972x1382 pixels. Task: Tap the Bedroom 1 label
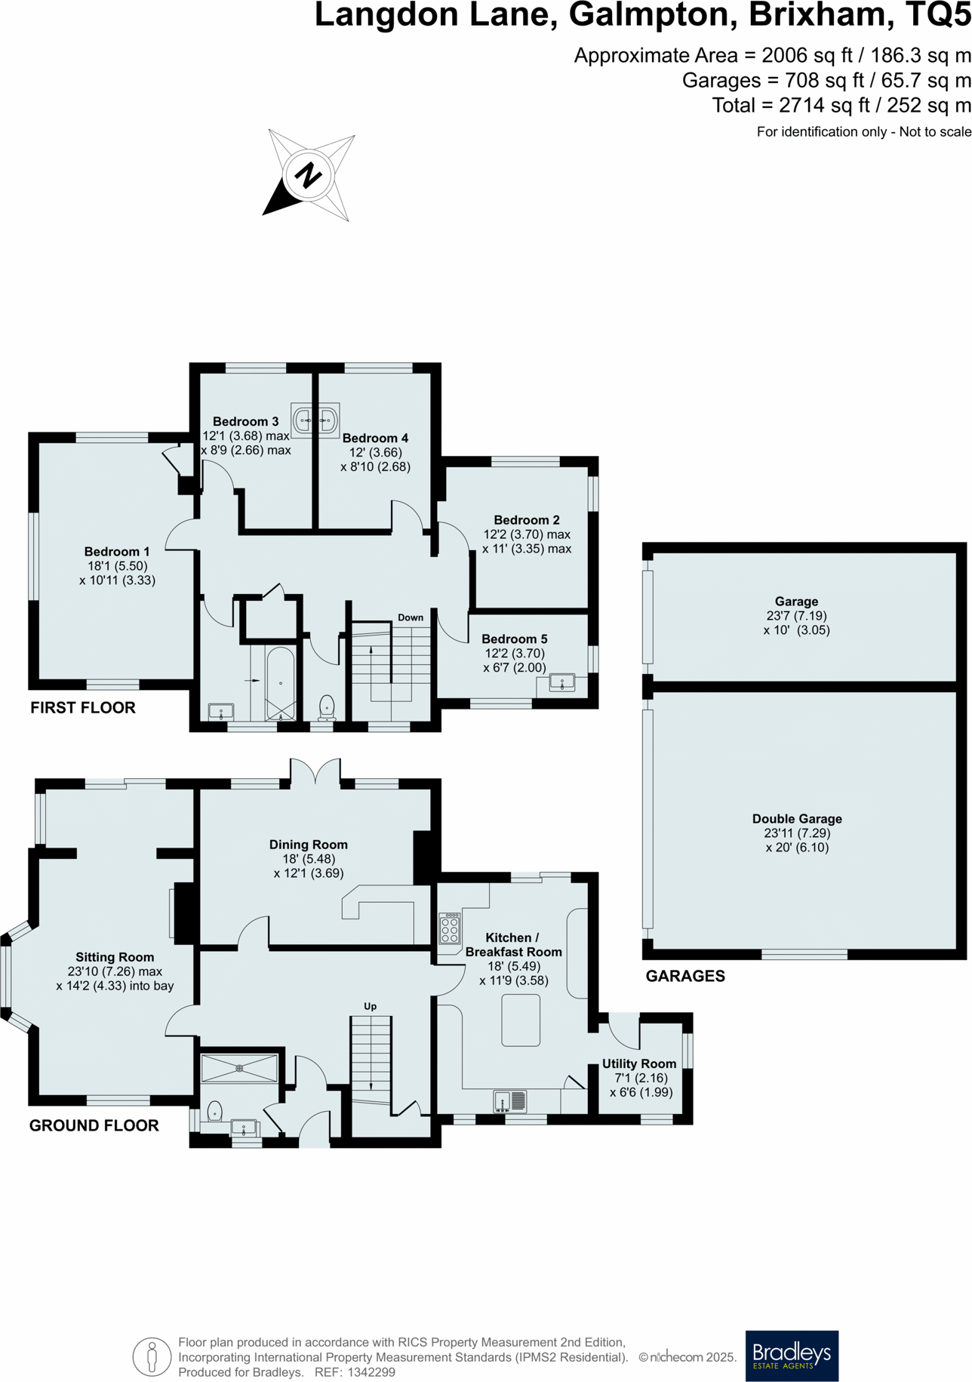tap(117, 552)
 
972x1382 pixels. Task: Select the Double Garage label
tap(797, 819)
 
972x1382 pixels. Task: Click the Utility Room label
tap(639, 1063)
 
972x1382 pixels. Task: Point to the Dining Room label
tap(309, 845)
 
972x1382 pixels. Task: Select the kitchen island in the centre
tap(521, 1020)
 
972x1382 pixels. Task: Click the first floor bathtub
tap(281, 683)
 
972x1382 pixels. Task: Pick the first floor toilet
tap(327, 706)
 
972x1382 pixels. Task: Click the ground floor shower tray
tap(239, 1069)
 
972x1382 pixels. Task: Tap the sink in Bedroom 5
tap(562, 683)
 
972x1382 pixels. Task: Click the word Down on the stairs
tap(411, 617)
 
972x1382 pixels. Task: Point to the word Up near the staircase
tap(370, 1006)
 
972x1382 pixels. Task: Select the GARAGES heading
tap(685, 976)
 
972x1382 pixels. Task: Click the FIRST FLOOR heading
tap(83, 707)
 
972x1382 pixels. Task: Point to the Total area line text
tap(841, 106)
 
